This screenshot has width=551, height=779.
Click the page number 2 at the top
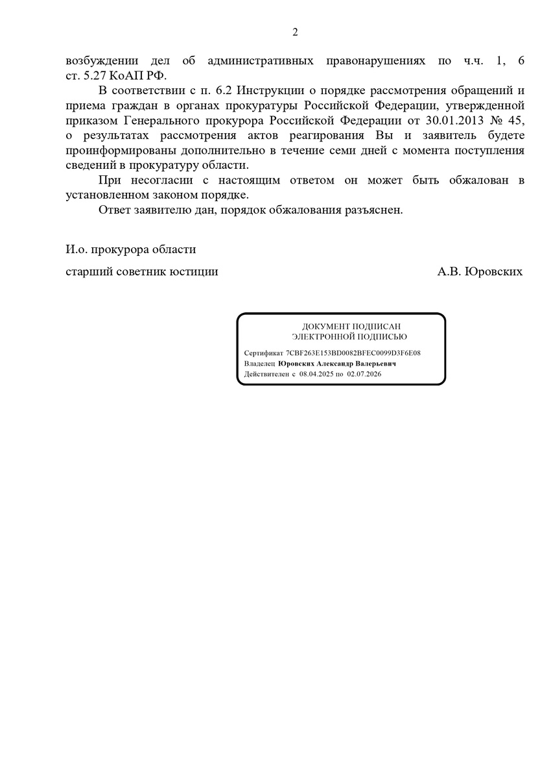coord(295,32)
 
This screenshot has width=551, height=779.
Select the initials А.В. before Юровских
coord(449,271)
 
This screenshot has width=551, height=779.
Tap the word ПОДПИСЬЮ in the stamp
coord(382,336)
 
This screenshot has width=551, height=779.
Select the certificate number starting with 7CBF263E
coord(354,353)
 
